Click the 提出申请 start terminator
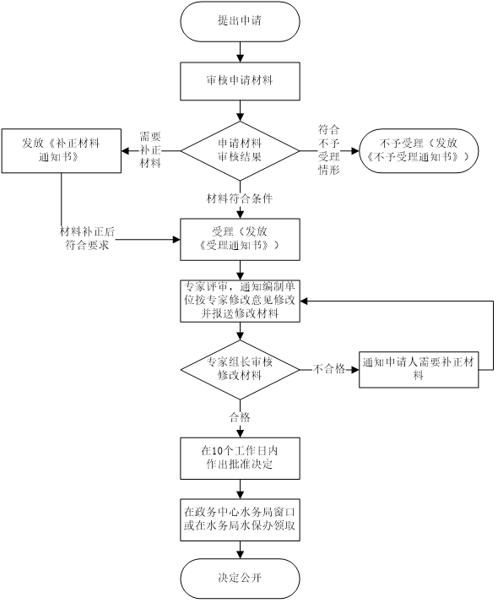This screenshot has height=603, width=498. [x=240, y=21]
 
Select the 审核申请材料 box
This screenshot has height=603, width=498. [x=240, y=81]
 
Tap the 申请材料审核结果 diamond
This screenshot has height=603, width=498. [x=240, y=150]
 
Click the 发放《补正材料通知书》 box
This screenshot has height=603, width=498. [x=62, y=150]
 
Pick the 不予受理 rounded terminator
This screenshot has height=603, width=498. [x=419, y=150]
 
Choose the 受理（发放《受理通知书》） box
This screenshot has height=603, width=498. [x=240, y=239]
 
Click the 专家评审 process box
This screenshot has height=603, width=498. [x=240, y=301]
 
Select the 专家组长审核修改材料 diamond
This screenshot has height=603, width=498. [x=240, y=370]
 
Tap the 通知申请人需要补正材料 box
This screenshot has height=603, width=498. [x=419, y=370]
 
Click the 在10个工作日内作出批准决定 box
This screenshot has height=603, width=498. [x=240, y=458]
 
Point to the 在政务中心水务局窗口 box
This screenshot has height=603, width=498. [x=240, y=520]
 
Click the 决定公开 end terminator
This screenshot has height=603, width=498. [x=240, y=578]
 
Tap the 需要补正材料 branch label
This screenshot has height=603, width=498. [x=150, y=150]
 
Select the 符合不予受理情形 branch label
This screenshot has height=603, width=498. [x=329, y=150]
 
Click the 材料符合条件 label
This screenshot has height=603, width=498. [x=240, y=198]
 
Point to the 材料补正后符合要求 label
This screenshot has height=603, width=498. [x=87, y=238]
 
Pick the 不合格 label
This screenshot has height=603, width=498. [x=329, y=370]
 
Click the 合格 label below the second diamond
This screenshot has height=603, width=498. [x=240, y=418]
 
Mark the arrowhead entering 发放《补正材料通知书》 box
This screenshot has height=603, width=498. [x=125, y=150]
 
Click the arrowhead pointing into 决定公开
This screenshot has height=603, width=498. [x=241, y=555]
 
